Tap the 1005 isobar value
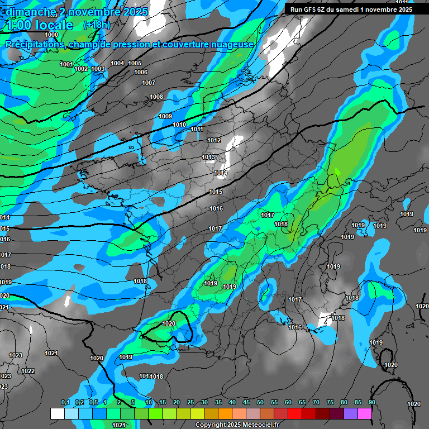pyautogui.click(x=135, y=64)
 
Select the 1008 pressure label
pyautogui.click(x=156, y=97)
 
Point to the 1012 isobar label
pyautogui.click(x=214, y=140)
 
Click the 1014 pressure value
pyautogui.click(x=221, y=174)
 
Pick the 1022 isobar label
pyautogui.click(x=28, y=371)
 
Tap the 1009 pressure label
pyautogui.click(x=165, y=116)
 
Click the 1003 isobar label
pyautogui.click(x=98, y=69)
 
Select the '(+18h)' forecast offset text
pyautogui.click(x=97, y=25)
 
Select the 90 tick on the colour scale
pyautogui.click(x=371, y=403)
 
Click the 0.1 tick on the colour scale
pyautogui.click(x=65, y=403)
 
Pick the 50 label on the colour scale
pyautogui.click(x=260, y=403)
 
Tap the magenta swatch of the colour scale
pyautogui.click(x=365, y=413)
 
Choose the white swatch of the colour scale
pyautogui.click(x=58, y=413)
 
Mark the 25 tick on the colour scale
pyautogui.click(x=190, y=403)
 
